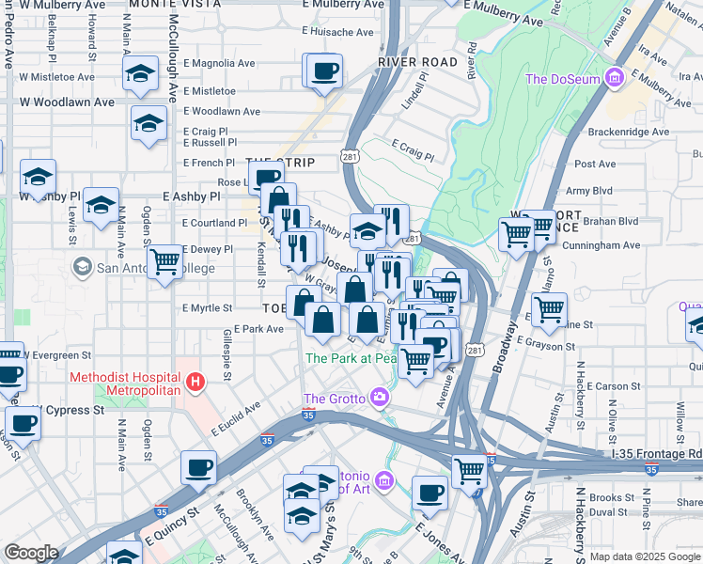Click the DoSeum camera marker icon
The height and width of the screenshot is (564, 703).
pos(615,77)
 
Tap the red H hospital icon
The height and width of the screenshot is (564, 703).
pos(195,383)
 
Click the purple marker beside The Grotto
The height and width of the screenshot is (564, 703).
pos(380,396)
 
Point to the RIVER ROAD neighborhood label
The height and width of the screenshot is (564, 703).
pos(417,62)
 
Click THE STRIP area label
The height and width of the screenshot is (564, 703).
pos(279,163)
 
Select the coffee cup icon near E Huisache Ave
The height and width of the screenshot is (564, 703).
pos(323,70)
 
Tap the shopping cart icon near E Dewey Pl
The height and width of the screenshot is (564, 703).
pos(165,260)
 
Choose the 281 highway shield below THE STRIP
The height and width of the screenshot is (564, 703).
pos(349,156)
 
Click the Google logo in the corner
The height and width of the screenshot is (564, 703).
pos(31,553)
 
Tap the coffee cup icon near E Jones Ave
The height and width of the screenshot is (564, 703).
pos(430,491)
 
